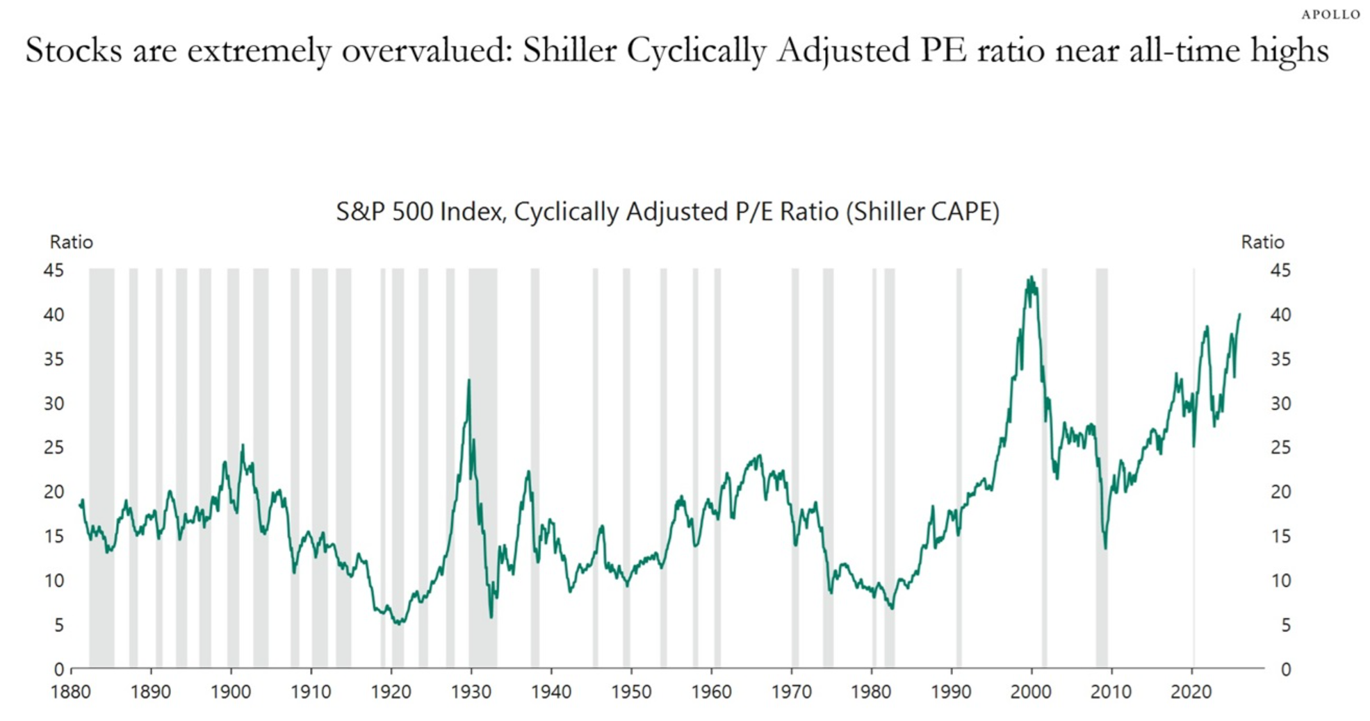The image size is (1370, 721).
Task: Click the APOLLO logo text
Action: pyautogui.click(x=1330, y=15)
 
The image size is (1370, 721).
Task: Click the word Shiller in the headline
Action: pyautogui.click(x=569, y=51)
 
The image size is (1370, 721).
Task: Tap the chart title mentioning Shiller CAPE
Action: pyautogui.click(x=667, y=211)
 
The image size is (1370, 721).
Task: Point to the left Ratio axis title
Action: pyautogui.click(x=71, y=242)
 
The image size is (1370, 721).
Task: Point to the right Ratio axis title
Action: pyautogui.click(x=1262, y=242)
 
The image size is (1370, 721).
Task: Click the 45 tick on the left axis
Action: pyautogui.click(x=54, y=270)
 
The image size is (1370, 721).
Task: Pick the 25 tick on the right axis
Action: pyautogui.click(x=1280, y=447)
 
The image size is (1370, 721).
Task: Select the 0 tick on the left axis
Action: pyautogui.click(x=59, y=670)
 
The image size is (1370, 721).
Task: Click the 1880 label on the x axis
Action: pyautogui.click(x=70, y=693)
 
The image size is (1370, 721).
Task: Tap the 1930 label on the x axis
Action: pyautogui.click(x=471, y=693)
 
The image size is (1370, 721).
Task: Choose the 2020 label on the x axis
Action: pyautogui.click(x=1191, y=693)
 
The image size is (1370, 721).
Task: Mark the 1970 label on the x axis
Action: pyautogui.click(x=791, y=693)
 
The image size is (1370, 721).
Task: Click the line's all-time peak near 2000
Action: pyautogui.click(x=1031, y=277)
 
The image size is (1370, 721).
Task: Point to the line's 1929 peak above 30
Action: pyautogui.click(x=468, y=380)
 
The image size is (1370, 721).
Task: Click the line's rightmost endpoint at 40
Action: pyautogui.click(x=1239, y=315)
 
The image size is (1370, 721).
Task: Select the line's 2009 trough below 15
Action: pyautogui.click(x=1105, y=548)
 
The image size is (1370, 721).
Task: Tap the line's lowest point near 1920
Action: pyautogui.click(x=398, y=623)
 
